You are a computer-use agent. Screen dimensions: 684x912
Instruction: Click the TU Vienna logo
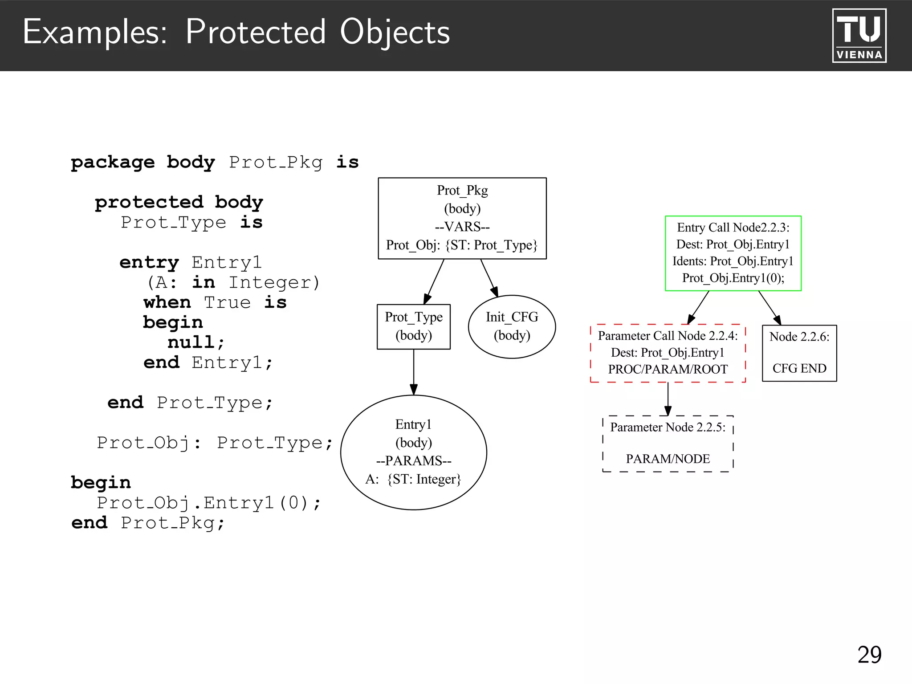pyautogui.click(x=859, y=36)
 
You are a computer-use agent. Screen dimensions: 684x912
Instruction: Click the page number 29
pyautogui.click(x=869, y=655)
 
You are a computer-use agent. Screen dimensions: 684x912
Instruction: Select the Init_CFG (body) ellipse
pyautogui.click(x=512, y=326)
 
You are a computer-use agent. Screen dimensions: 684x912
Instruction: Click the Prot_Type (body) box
pyautogui.click(x=413, y=326)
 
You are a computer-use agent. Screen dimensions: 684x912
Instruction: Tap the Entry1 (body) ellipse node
pyautogui.click(x=413, y=452)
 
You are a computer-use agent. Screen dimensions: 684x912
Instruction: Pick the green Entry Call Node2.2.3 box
pyautogui.click(x=733, y=253)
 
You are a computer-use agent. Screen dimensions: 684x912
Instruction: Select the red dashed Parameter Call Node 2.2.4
pyautogui.click(x=668, y=353)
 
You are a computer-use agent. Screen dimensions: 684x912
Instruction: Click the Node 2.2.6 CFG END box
pyautogui.click(x=799, y=353)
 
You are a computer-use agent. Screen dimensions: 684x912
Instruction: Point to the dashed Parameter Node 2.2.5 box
pyautogui.click(x=668, y=443)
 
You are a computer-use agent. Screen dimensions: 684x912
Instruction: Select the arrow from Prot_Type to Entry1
pyautogui.click(x=414, y=372)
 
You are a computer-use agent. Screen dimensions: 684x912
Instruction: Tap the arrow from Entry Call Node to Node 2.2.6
pyautogui.click(x=769, y=307)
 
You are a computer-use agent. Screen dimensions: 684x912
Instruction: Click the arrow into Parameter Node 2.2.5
pyautogui.click(x=668, y=399)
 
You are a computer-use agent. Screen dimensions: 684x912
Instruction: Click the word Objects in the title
pyautogui.click(x=395, y=32)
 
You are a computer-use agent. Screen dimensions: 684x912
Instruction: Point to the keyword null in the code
pyautogui.click(x=191, y=342)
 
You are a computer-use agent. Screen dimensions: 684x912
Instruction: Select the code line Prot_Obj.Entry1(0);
pyautogui.click(x=208, y=503)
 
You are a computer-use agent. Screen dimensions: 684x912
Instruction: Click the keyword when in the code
pyautogui.click(x=167, y=302)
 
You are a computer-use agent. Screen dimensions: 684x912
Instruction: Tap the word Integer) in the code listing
pyautogui.click(x=274, y=282)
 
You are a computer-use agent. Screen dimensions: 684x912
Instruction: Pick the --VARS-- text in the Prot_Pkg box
pyautogui.click(x=462, y=227)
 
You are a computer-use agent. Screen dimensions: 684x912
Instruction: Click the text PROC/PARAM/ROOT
pyautogui.click(x=668, y=369)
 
